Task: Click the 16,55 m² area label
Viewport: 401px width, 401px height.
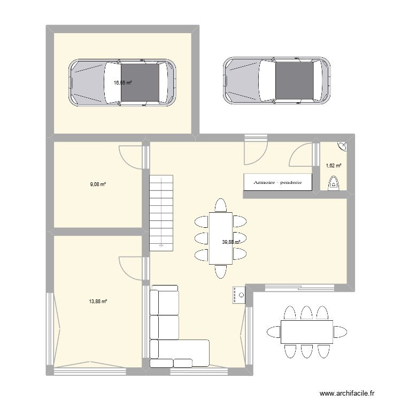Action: [122, 82]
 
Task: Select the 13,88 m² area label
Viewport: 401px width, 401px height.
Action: [98, 302]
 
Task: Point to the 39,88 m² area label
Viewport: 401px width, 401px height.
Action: [231, 242]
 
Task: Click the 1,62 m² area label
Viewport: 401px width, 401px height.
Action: [334, 165]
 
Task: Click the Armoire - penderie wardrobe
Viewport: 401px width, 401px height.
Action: [277, 182]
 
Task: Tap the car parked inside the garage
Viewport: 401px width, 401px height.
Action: [122, 82]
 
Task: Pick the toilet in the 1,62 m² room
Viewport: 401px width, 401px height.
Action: [334, 184]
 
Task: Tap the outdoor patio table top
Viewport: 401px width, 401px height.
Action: [306, 331]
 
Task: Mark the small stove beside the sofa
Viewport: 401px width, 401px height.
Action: [238, 295]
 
